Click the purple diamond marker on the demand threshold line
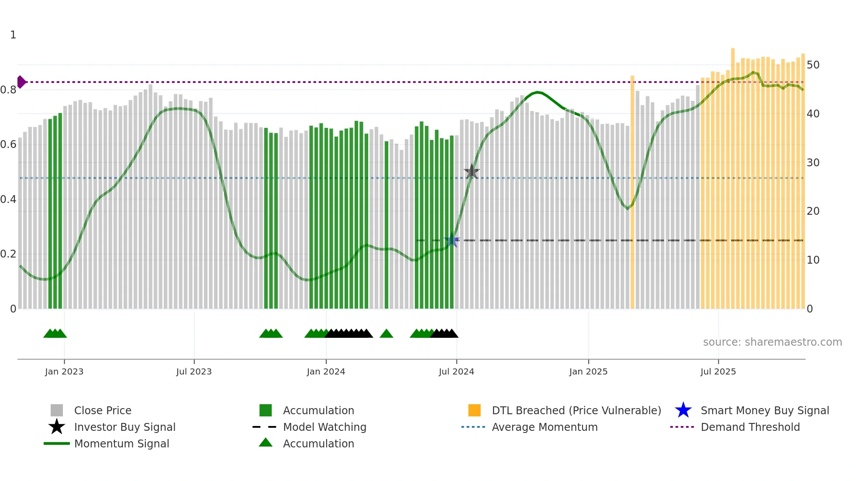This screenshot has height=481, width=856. pos(21,82)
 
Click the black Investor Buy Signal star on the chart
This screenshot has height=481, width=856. pos(472,172)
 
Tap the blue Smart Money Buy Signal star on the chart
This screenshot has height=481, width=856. pos(452,240)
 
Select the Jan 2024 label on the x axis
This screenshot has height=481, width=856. pos(326,371)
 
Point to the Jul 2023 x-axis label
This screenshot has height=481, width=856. pos(194,371)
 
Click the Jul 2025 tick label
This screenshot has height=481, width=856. pos(718,371)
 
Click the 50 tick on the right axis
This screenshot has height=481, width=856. pos(813,65)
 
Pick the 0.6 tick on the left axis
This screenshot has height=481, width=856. pos(8,144)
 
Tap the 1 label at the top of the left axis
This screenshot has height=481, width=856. pos(13,35)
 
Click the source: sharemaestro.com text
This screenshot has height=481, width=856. pos(772,342)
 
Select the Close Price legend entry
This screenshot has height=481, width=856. pos(103,410)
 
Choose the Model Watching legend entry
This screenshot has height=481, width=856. pos(324,427)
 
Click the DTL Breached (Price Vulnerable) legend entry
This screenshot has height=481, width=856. pos(576,410)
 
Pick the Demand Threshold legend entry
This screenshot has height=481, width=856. pos(750,427)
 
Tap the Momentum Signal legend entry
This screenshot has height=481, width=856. pos(121,443)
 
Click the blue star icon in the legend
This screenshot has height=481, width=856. pos(683,410)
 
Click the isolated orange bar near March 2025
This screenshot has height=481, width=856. pos(632,192)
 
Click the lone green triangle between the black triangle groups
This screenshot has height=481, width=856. pos(387,334)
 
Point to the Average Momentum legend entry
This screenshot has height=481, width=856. pos(544,427)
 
